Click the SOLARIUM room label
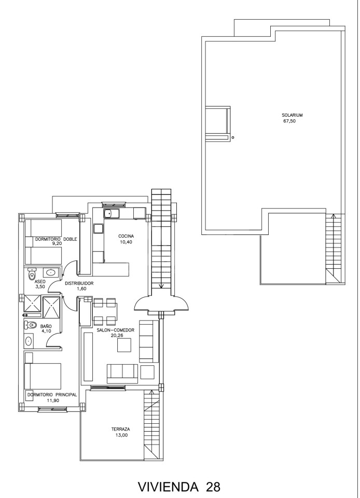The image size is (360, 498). tap(292, 115)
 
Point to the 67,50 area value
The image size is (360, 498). tap(289, 121)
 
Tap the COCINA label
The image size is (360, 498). tap(126, 236)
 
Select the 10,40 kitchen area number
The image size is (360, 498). tap(126, 242)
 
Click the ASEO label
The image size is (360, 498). tap(40, 281)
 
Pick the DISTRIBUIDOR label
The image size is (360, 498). tap(79, 283)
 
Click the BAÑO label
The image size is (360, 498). tap(46, 326)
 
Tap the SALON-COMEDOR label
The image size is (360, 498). tap(116, 330)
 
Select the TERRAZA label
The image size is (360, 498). tap(120, 429)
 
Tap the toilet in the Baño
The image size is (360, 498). tap(30, 325)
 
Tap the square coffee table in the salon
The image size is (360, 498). tap(124, 345)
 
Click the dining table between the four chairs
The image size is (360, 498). tap(105, 312)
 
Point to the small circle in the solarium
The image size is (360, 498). tap(233, 137)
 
